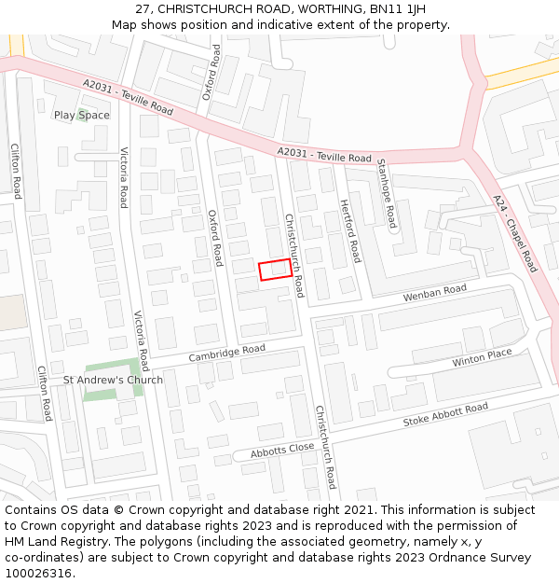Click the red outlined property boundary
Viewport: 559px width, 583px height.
274,269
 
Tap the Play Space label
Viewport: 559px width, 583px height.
81,116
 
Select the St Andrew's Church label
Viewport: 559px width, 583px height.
113,380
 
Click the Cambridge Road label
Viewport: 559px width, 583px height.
226,354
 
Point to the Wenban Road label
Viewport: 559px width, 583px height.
434,294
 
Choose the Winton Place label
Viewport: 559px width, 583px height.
483,356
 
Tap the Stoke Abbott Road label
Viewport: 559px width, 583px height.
445,415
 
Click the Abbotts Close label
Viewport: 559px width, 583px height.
282,450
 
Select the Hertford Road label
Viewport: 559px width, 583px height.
349,230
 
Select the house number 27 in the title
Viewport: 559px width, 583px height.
143,9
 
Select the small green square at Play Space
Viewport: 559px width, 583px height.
82,115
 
